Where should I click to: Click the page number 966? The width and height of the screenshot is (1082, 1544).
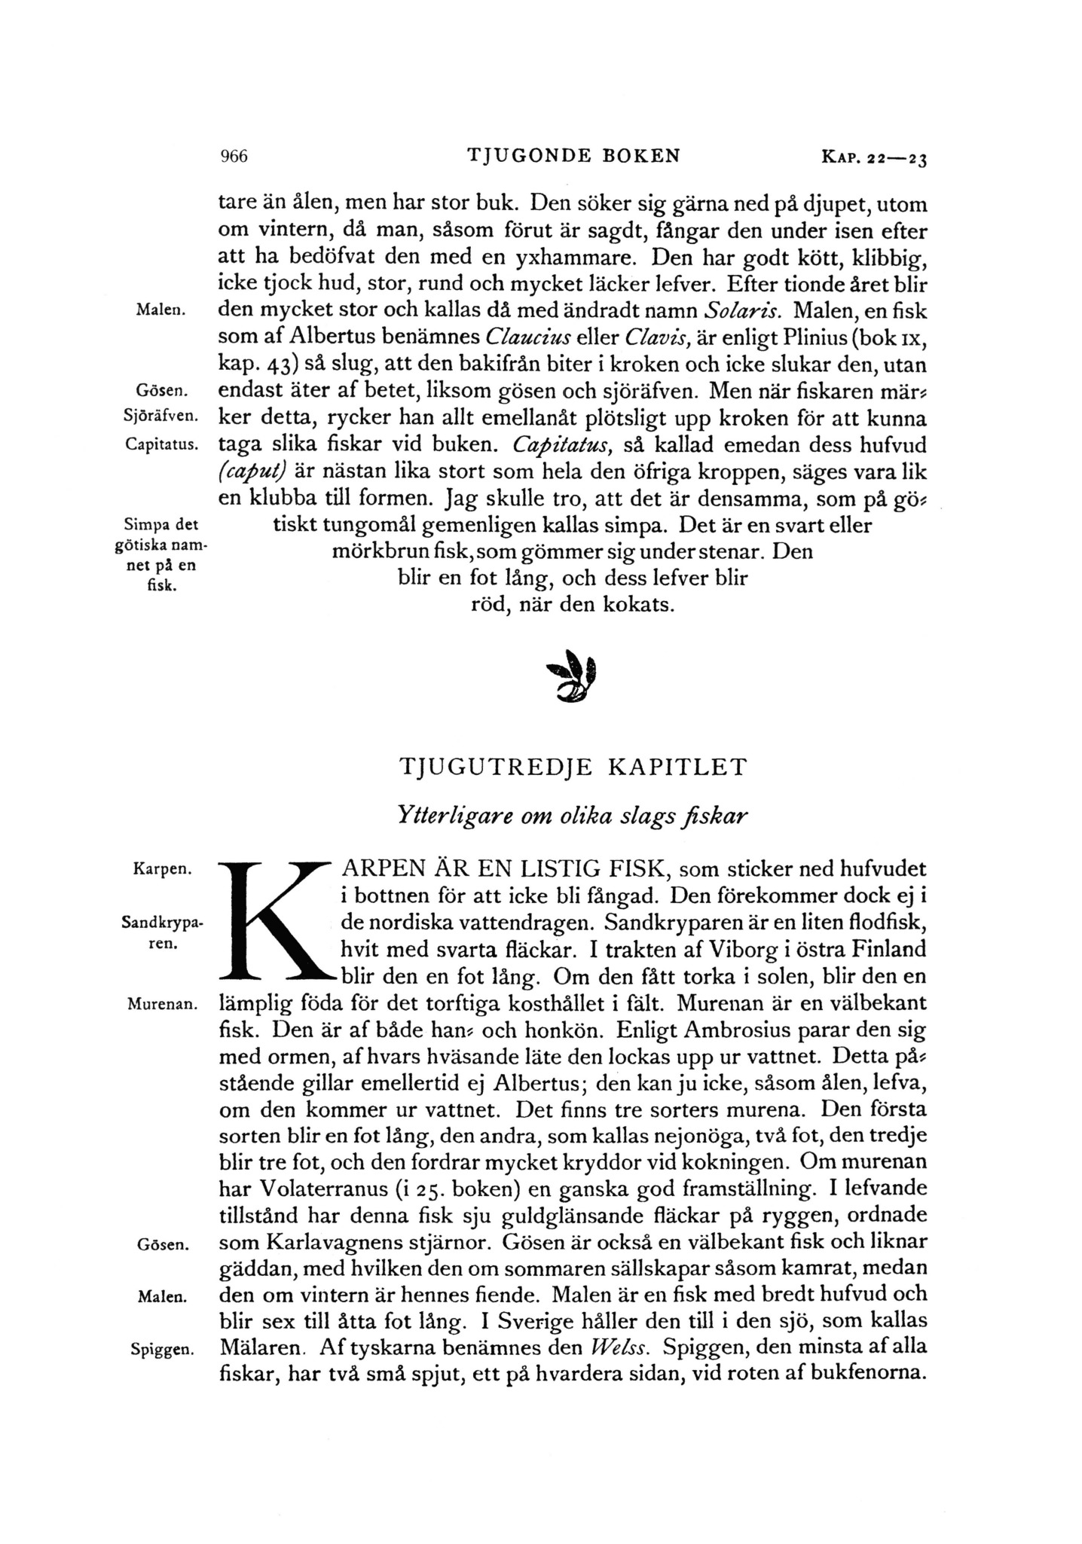233,157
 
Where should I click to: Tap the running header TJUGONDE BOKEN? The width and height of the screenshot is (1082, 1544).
573,157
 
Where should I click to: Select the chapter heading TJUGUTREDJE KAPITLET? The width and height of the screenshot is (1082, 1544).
573,767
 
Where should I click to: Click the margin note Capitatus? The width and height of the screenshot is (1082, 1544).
161,444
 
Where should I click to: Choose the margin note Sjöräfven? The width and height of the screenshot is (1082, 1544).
160,417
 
